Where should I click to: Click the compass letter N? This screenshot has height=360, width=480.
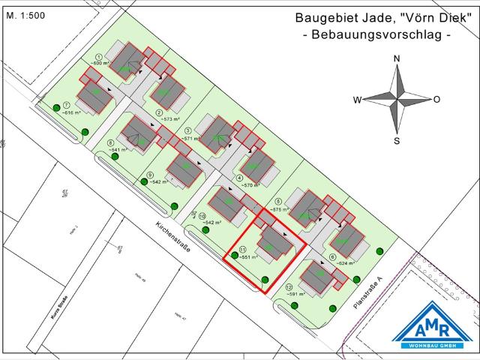click(x=397, y=59)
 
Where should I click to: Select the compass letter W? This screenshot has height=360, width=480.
click(x=358, y=100)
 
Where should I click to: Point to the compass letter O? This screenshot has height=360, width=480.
click(x=436, y=100)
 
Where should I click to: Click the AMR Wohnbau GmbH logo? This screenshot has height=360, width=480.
click(x=434, y=327)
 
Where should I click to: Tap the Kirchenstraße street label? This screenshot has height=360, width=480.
click(x=174, y=240)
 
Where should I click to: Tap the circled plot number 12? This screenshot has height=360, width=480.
click(x=289, y=287)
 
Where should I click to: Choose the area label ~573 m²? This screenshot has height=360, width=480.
click(x=164, y=119)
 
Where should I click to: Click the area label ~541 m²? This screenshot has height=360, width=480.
click(x=116, y=150)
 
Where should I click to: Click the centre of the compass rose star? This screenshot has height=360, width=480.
click(x=397, y=99)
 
